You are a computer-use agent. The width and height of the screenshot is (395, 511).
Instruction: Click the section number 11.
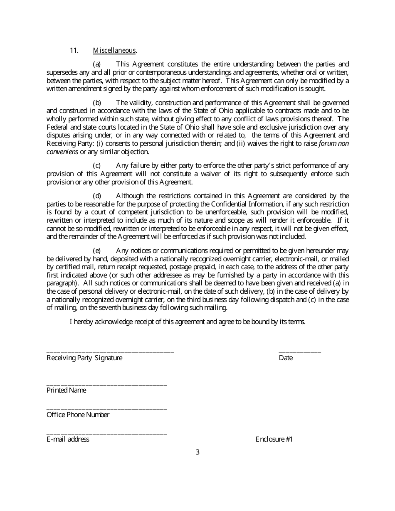(x=74, y=51)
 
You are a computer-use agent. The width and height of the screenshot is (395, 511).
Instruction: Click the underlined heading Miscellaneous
(x=114, y=51)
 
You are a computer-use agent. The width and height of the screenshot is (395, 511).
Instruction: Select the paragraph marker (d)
(x=97, y=196)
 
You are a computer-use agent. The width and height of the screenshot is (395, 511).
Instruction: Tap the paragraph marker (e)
(x=97, y=251)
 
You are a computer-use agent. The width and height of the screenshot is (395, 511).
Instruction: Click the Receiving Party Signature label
(x=84, y=358)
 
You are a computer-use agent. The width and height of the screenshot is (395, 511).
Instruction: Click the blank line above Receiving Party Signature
(x=110, y=352)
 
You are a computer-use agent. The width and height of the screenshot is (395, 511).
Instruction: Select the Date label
(x=286, y=358)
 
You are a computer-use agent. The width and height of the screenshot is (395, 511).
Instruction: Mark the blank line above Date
(x=299, y=352)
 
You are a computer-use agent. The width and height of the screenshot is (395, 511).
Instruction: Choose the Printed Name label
(x=67, y=390)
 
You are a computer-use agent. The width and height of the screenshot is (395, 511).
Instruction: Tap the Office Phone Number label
(x=78, y=415)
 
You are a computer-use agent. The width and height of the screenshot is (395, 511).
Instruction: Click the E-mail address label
(x=68, y=439)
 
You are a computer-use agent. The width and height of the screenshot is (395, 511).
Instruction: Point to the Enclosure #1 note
(x=274, y=439)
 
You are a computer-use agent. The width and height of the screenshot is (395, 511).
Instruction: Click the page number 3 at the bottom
(x=197, y=452)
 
